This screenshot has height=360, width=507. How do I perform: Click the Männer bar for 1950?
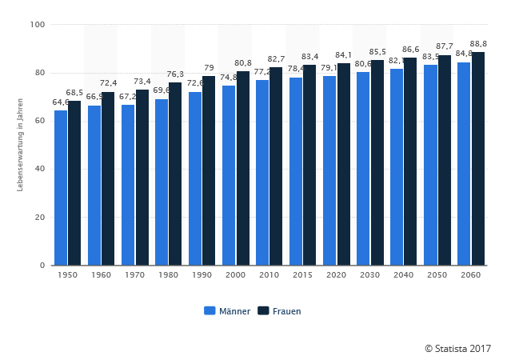(x=61, y=188)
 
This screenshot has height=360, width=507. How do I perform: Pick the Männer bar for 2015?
(x=296, y=171)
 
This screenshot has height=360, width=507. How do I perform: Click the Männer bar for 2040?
(x=397, y=167)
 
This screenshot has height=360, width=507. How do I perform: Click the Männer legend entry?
(x=227, y=310)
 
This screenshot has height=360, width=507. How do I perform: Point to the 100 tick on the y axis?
(x=37, y=25)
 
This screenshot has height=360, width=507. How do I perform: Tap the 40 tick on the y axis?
(x=39, y=169)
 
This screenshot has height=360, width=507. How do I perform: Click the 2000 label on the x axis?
(x=235, y=274)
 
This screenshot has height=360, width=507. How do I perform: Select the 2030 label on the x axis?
(x=369, y=274)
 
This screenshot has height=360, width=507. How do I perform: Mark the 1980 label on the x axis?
(x=168, y=274)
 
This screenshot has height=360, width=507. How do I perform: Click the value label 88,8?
(x=479, y=43)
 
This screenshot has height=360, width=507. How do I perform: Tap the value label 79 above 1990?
(x=209, y=68)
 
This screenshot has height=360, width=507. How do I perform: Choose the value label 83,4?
(x=309, y=57)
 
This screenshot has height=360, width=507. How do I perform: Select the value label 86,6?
(x=410, y=50)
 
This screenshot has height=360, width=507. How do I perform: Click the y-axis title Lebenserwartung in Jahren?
(x=19, y=145)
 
